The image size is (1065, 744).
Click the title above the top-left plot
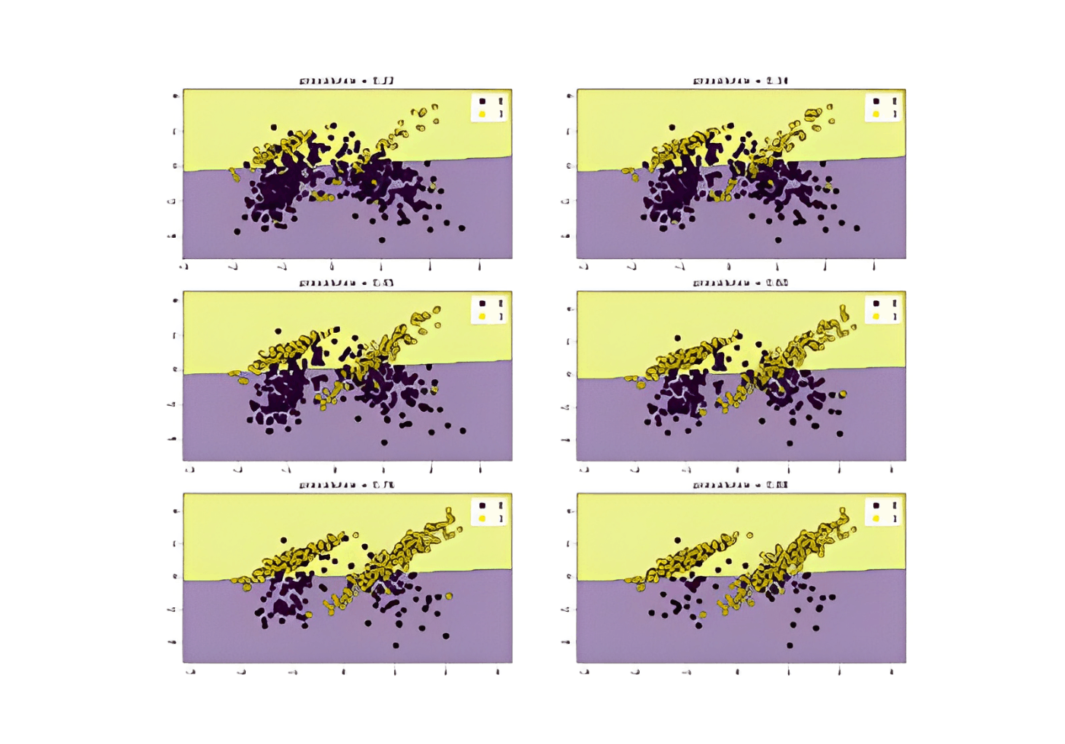[x=346, y=81]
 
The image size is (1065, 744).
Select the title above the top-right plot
[x=740, y=81]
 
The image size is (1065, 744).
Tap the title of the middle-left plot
[x=346, y=283]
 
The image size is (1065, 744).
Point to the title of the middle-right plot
[x=740, y=283]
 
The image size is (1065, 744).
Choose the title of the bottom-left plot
[x=346, y=484]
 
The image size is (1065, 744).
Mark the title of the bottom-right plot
[x=740, y=484]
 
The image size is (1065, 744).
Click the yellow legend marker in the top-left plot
[x=482, y=114]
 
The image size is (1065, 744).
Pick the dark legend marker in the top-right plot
[x=876, y=100]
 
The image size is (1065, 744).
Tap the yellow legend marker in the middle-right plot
[x=876, y=316]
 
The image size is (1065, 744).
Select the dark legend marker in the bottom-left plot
[x=482, y=505]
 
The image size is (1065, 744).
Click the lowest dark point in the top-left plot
[x=382, y=240]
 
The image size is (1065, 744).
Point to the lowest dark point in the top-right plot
[x=778, y=240]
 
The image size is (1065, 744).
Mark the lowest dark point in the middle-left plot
[x=384, y=442]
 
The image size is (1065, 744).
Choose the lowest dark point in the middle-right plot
[x=790, y=443]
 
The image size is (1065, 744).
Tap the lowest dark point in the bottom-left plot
[x=396, y=646]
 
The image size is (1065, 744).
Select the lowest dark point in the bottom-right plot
[x=790, y=646]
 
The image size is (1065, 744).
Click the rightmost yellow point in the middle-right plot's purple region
[x=843, y=394]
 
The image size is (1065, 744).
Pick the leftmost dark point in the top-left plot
[x=237, y=231]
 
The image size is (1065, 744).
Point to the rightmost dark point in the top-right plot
[x=857, y=228]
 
